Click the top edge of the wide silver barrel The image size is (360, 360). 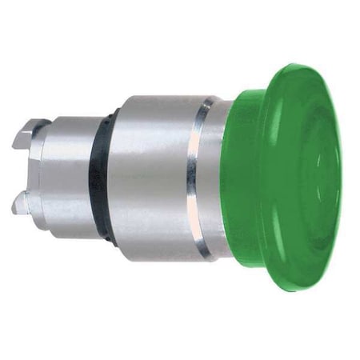[160, 98]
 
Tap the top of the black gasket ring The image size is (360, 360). [104, 113]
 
